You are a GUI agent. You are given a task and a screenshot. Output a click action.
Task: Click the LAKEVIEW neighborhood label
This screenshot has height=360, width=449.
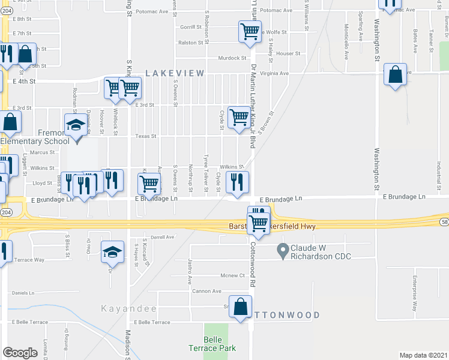click(175, 73)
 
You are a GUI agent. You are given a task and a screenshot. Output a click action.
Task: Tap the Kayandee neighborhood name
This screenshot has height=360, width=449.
click(128, 309)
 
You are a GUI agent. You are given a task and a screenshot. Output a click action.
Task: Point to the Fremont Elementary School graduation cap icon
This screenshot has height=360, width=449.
click(76, 125)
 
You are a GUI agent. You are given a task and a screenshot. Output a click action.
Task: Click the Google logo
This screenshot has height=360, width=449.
click(20, 353)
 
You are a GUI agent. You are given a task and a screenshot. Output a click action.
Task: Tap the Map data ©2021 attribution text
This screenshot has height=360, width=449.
click(423, 355)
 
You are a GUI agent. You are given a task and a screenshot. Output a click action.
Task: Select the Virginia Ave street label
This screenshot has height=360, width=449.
click(274, 73)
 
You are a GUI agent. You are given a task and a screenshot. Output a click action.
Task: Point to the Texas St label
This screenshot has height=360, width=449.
click(145, 136)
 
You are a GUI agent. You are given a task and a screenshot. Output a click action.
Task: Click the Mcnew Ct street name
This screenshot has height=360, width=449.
click(234, 276)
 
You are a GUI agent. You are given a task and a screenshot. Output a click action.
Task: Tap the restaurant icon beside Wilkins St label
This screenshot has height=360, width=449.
click(237, 181)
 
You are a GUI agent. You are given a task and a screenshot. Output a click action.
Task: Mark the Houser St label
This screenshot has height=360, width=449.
click(288, 53)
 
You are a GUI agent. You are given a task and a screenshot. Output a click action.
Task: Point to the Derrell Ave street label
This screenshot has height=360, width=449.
click(161, 237)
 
